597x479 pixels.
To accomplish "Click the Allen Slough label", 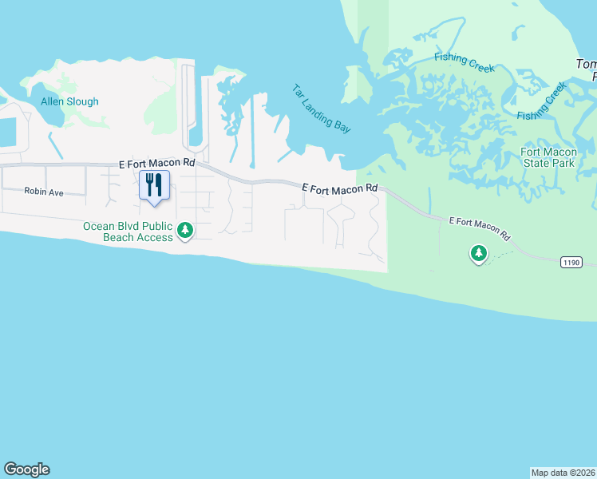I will pyautogui.click(x=70, y=102).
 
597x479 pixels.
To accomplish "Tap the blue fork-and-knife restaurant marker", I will pyautogui.click(x=154, y=184).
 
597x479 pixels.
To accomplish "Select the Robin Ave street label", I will pyautogui.click(x=43, y=192).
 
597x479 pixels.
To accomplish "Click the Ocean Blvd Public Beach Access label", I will pyautogui.click(x=128, y=232).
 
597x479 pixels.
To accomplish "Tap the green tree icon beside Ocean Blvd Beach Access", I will pyautogui.click(x=185, y=231).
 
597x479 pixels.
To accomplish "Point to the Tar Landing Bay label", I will pyautogui.click(x=321, y=109).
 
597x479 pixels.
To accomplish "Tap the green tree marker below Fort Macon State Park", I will pyautogui.click(x=478, y=253).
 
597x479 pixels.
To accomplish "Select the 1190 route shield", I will pyautogui.click(x=571, y=262).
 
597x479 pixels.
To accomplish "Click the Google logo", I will pyautogui.click(x=26, y=469).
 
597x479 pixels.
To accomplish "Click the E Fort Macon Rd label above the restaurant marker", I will pyautogui.click(x=156, y=162).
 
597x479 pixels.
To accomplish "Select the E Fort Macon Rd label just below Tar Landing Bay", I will pyautogui.click(x=339, y=188).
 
